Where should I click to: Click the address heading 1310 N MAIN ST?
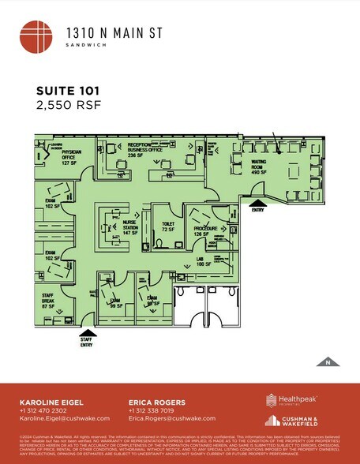tap(108, 32)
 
